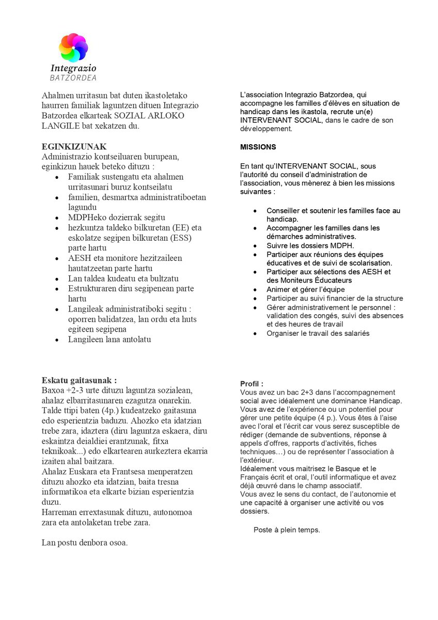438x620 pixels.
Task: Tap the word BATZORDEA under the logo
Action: coord(73,78)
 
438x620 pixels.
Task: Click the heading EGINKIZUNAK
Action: coord(74,146)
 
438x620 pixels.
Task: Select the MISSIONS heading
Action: coord(258,147)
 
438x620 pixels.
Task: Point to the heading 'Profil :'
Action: coord(252,384)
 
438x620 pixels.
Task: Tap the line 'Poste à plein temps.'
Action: coord(287,530)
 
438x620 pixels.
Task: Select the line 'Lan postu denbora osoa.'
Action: coord(85,542)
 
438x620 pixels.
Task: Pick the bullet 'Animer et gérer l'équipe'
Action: coord(306,289)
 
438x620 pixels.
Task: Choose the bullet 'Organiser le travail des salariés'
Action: coord(318,333)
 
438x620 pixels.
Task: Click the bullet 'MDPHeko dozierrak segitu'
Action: coord(117,218)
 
